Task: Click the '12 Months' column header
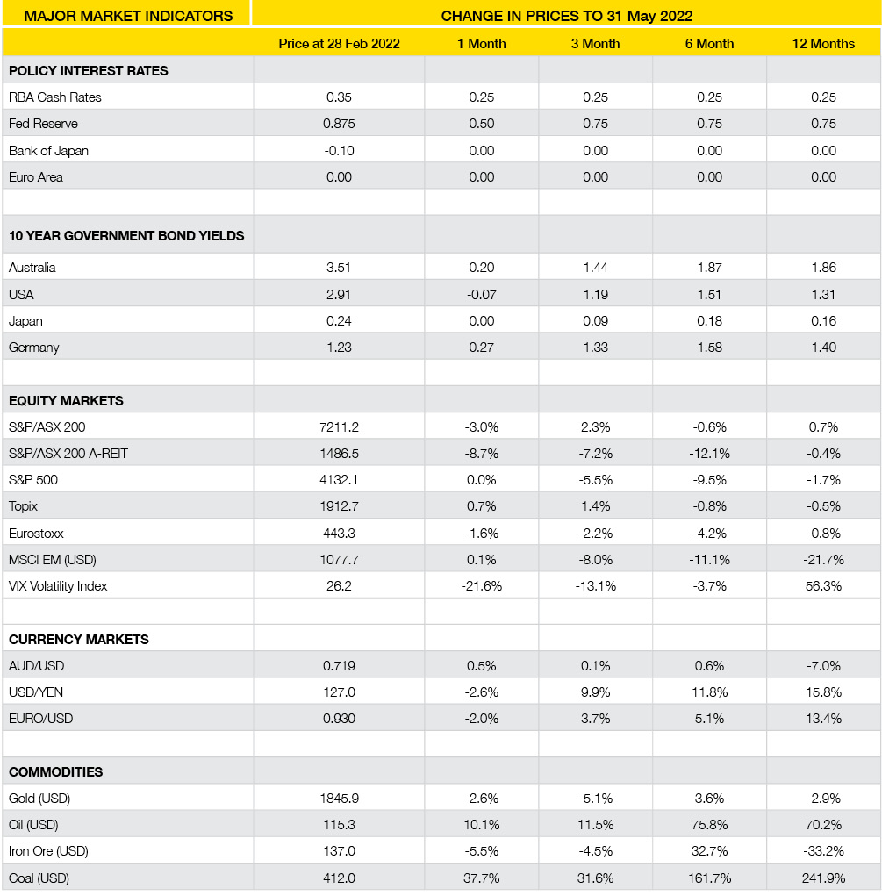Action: tap(823, 44)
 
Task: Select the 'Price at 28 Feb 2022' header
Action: tap(339, 44)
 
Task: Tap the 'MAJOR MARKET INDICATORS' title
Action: tap(128, 16)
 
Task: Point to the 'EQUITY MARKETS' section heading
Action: tap(66, 401)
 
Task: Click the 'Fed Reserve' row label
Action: tap(43, 124)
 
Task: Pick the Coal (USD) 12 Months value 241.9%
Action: tap(823, 878)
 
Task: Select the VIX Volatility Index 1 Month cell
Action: tap(481, 585)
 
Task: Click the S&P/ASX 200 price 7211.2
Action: tap(339, 427)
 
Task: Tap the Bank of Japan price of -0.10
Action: tap(339, 151)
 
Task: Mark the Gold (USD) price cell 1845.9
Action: tap(339, 799)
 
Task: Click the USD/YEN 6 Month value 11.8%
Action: tap(709, 692)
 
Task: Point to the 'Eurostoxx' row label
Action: tap(36, 534)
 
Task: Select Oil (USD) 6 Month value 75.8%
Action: tap(709, 825)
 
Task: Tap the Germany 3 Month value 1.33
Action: tap(595, 348)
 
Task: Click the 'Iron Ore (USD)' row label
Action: tap(48, 851)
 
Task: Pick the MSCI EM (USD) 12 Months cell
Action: tap(823, 560)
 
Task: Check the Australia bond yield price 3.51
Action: tap(339, 268)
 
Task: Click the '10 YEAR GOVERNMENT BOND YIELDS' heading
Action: tap(126, 236)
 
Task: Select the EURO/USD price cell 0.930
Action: tap(339, 719)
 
